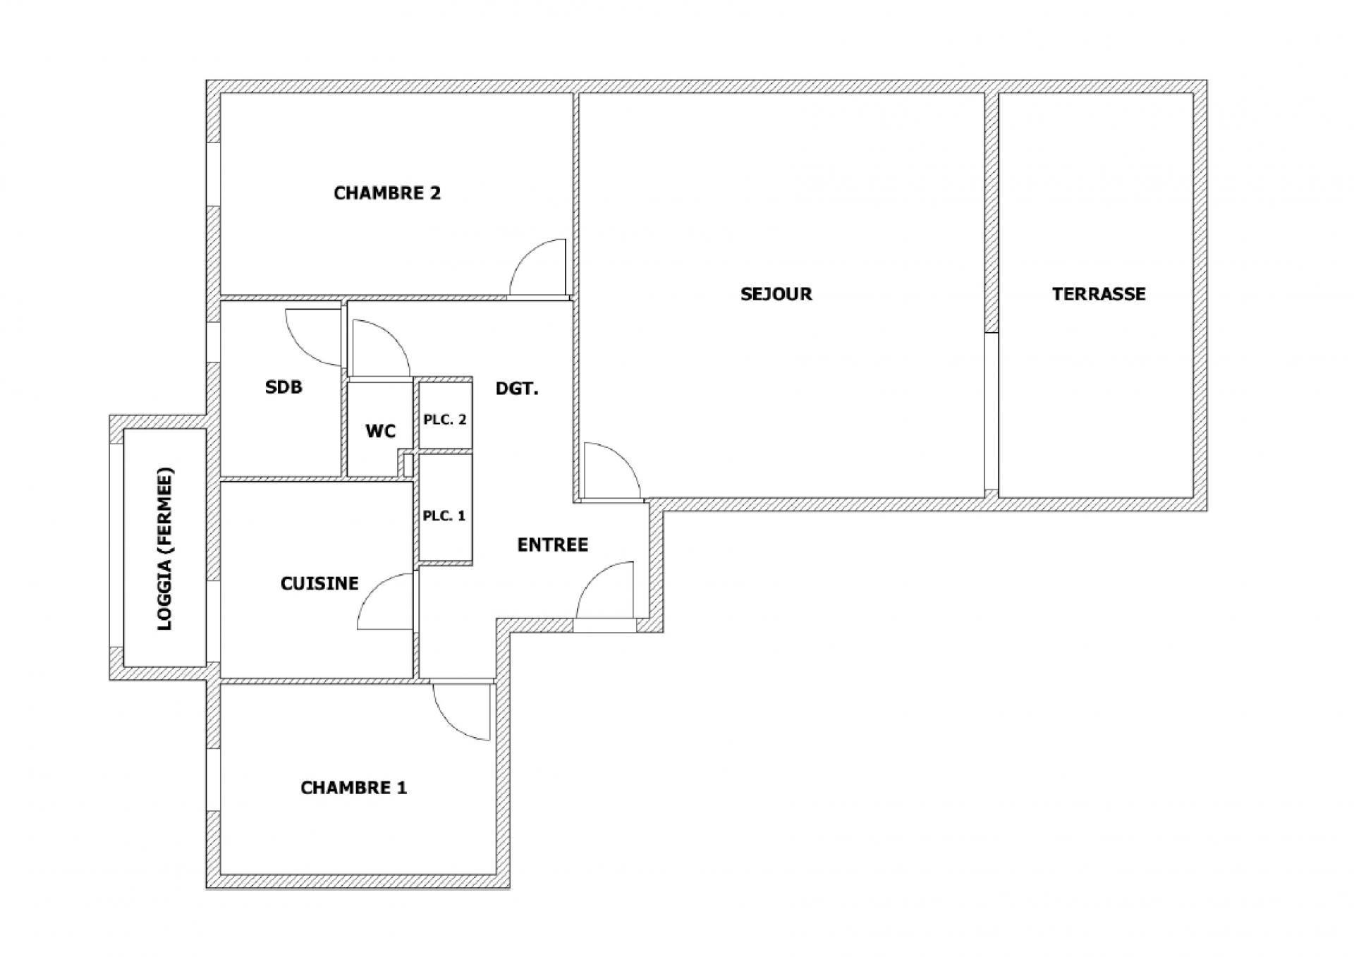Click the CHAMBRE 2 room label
tap(387, 193)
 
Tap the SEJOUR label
tap(776, 294)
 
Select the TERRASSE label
tap(1099, 294)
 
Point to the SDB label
tap(283, 387)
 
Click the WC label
tap(381, 431)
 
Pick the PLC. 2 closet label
tap(445, 420)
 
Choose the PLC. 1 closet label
tap(444, 516)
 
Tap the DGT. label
tap(517, 389)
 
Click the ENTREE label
tap(553, 545)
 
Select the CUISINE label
tap(319, 583)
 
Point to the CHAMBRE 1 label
tap(354, 788)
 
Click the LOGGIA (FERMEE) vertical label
tap(164, 549)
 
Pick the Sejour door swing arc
tap(624, 458)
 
